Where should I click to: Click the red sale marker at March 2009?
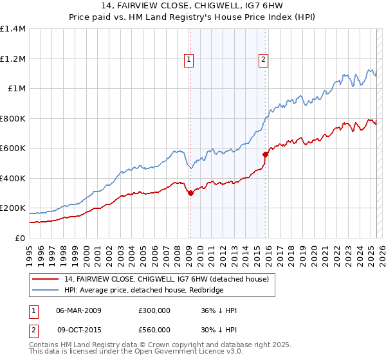coord(190,193)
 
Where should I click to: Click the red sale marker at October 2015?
coord(265,154)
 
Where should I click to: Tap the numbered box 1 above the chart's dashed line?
coord(189,60)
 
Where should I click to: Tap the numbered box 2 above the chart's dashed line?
coord(264,60)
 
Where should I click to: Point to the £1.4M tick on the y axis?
coord(13,29)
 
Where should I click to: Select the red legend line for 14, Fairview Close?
coord(45,279)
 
